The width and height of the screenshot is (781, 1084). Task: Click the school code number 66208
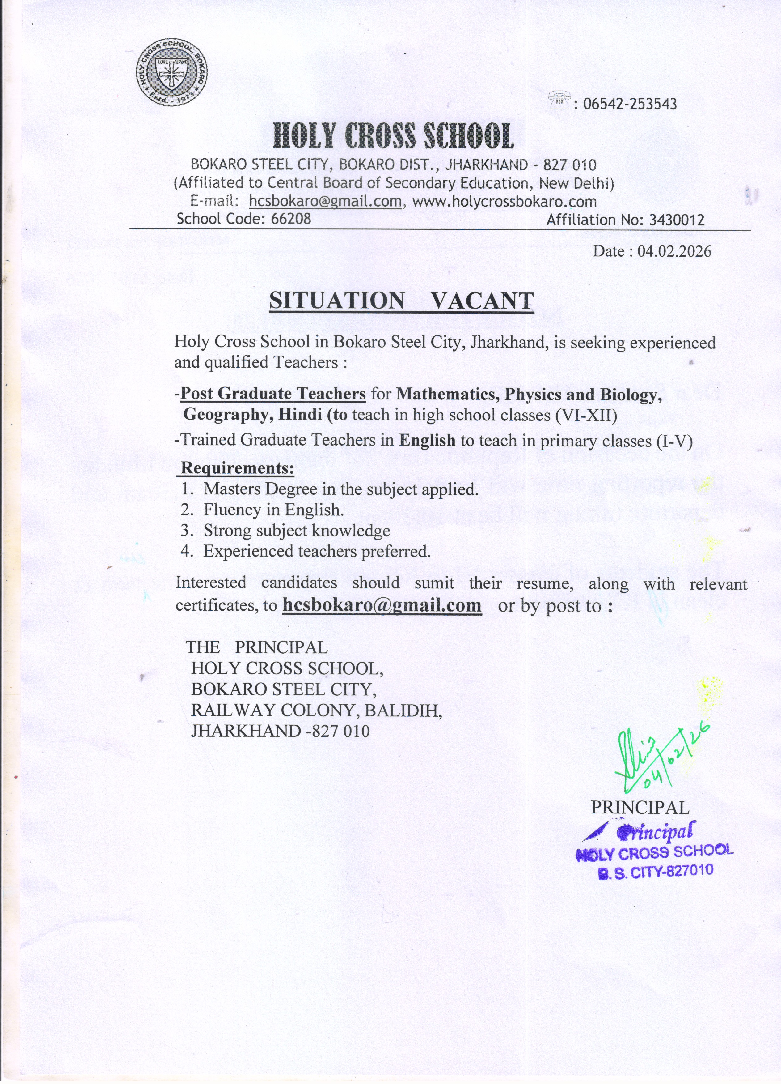pos(291,219)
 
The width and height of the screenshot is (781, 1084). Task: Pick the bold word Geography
pos(228,414)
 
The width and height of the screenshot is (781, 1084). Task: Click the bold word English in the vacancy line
pos(427,440)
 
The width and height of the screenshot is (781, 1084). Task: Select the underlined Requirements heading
pos(237,468)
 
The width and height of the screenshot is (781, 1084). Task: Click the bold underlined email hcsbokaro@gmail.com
pos(382,605)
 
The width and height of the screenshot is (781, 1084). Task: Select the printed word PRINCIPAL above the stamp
pos(640,807)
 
